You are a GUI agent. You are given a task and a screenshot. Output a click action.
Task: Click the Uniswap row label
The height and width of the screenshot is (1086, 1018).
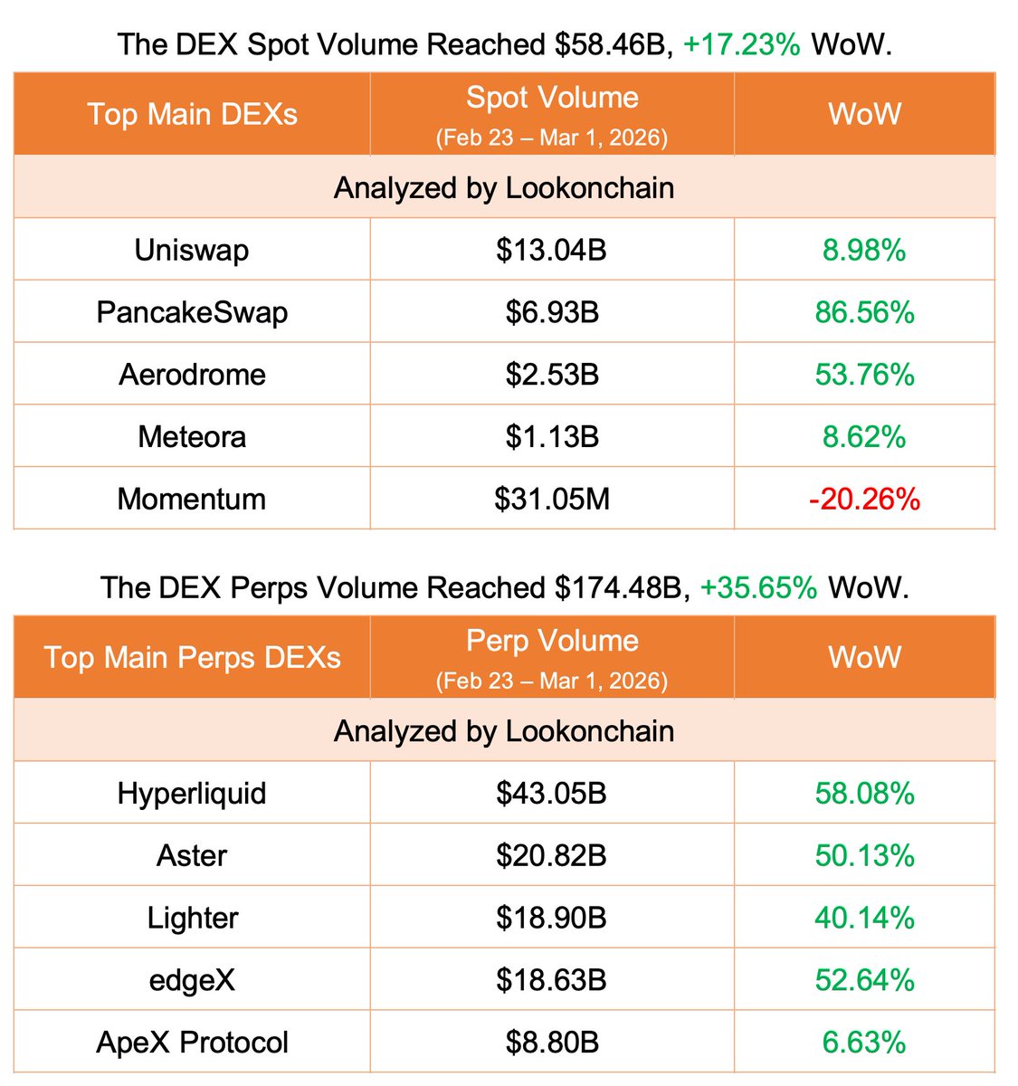click(x=192, y=250)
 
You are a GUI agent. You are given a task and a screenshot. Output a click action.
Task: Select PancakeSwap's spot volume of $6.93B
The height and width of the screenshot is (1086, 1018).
click(x=552, y=312)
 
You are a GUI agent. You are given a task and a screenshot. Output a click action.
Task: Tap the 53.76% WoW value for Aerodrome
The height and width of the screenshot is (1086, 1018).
click(x=864, y=375)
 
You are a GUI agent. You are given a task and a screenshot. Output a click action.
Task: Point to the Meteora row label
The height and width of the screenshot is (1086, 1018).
click(x=192, y=437)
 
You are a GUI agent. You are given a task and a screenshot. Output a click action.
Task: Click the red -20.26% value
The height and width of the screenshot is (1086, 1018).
click(x=864, y=499)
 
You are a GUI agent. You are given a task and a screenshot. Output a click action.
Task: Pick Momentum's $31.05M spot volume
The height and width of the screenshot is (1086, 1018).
click(x=552, y=499)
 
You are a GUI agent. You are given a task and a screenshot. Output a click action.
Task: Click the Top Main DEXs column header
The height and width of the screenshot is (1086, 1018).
click(x=192, y=114)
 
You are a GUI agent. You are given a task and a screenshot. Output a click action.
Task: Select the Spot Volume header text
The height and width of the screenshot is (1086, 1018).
click(x=552, y=98)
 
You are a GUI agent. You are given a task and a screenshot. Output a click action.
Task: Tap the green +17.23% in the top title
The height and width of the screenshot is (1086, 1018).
click(x=741, y=44)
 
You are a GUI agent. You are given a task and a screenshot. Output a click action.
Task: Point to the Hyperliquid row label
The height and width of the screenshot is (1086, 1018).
click(x=192, y=794)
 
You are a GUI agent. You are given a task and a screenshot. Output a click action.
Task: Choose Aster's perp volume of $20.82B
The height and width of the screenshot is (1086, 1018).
click(x=551, y=855)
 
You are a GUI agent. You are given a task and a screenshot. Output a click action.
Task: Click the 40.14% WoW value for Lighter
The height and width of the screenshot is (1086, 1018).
click(x=864, y=918)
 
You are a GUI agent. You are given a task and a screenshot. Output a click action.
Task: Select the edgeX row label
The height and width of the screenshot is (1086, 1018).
click(x=192, y=980)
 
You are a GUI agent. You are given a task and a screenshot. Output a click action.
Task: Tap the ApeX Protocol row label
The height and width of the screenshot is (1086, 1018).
click(x=192, y=1042)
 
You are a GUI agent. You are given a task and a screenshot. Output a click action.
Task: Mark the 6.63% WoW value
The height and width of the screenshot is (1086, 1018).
click(x=864, y=1042)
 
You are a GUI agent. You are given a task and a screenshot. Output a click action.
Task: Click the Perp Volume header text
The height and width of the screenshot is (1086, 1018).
click(x=552, y=641)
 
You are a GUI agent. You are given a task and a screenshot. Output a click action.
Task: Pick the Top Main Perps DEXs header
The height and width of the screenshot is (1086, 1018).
click(x=192, y=657)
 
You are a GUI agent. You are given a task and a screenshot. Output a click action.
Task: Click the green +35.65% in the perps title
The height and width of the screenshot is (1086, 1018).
click(x=758, y=587)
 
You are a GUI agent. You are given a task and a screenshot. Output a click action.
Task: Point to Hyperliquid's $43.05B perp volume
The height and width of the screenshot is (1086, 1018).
click(x=551, y=794)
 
